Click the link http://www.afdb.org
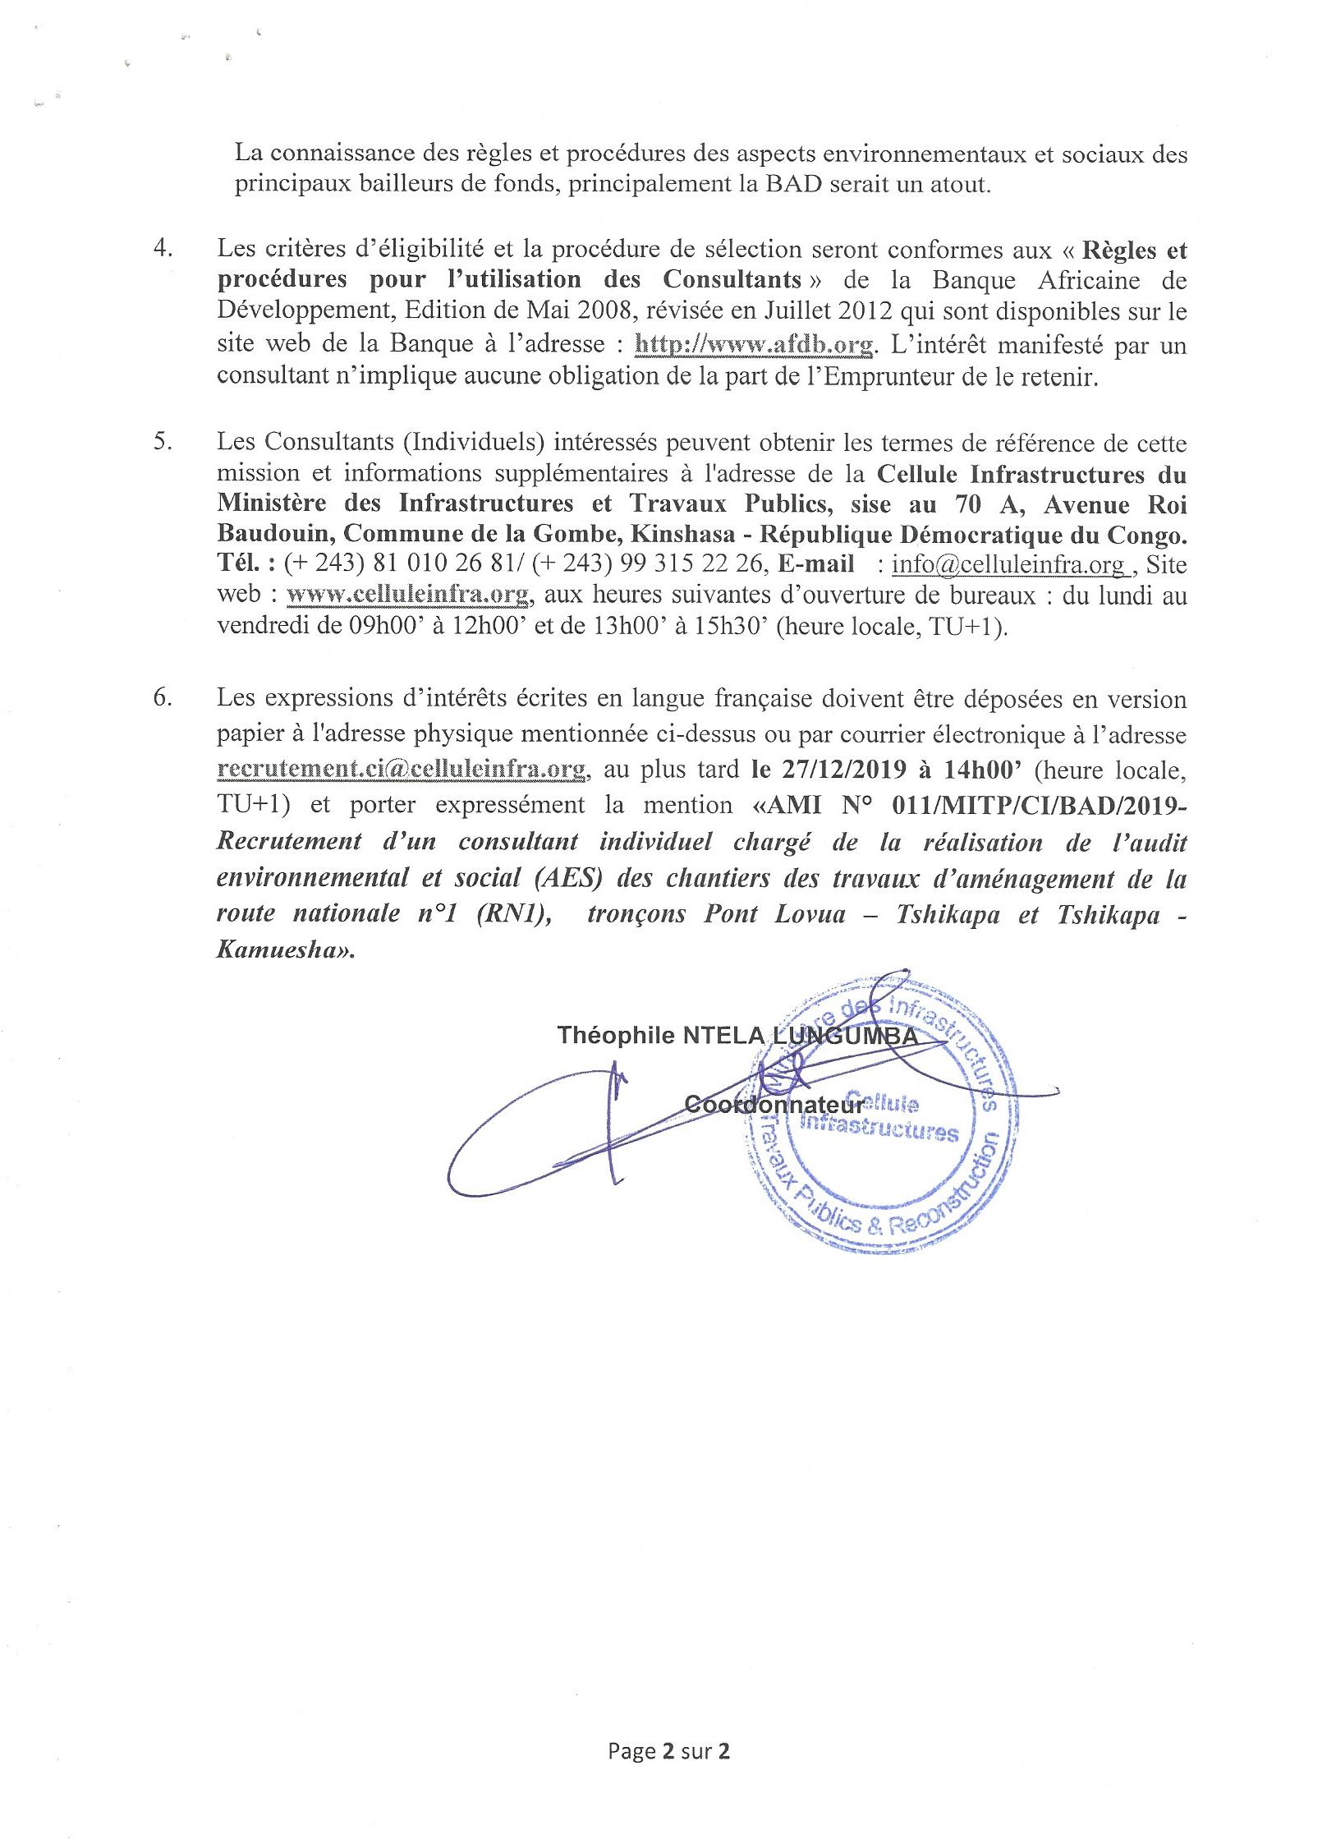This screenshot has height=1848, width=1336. click(754, 346)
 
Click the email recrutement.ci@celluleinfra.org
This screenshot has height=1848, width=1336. click(402, 769)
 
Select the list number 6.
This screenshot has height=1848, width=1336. click(162, 698)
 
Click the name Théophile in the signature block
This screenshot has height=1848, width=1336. click(616, 1036)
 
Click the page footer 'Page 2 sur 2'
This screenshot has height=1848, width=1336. click(669, 1746)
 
